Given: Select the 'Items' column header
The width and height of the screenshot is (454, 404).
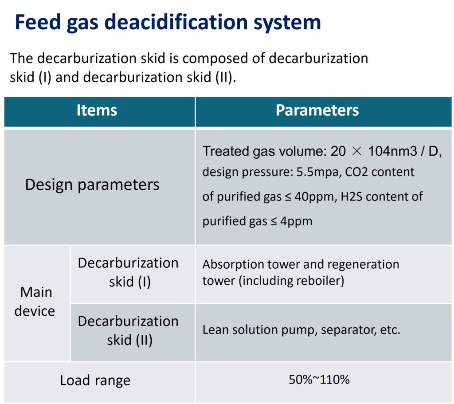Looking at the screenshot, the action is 97,110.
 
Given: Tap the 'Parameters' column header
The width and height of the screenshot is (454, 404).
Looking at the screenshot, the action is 317,110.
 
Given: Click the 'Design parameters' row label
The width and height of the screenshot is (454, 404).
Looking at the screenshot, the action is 92,185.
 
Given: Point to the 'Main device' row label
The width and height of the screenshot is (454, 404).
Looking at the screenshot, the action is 35,302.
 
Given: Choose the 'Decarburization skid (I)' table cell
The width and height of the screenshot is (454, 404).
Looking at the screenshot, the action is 128,272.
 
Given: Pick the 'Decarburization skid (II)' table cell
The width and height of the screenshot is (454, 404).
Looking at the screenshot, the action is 128,330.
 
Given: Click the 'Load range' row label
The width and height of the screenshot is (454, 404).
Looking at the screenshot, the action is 95,380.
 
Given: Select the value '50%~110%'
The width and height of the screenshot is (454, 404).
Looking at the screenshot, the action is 319,380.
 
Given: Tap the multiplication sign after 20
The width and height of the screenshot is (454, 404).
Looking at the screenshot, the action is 357,151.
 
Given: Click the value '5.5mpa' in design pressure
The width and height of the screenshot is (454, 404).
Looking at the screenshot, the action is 316,173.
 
